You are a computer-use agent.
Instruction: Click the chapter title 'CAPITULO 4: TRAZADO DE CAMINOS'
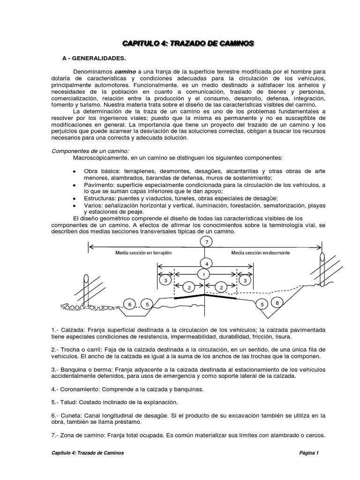188,44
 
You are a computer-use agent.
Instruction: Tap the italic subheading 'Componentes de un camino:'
89,152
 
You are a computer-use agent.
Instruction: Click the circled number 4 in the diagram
204,263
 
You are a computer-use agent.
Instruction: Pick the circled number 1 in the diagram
204,274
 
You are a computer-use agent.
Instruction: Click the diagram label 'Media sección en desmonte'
261,253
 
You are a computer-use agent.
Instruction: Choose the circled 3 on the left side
165,280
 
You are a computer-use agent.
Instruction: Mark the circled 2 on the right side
221,287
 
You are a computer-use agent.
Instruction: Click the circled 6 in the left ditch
129,304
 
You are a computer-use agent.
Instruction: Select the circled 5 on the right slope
262,304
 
